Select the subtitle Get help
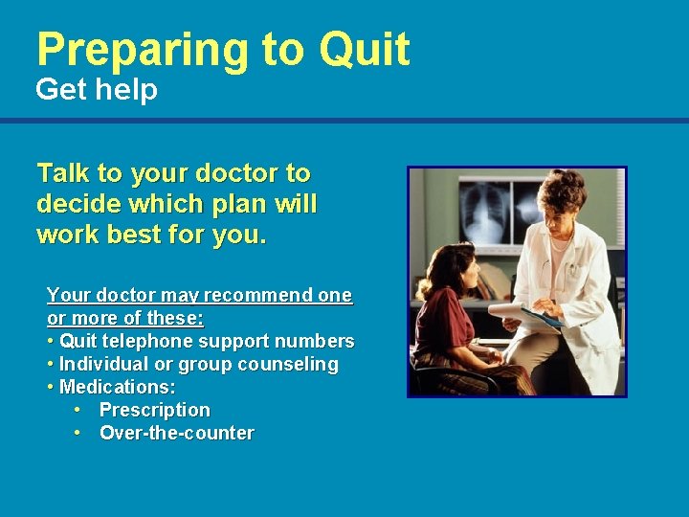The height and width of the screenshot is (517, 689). point(97,90)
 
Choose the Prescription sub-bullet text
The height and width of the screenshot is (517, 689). point(154,410)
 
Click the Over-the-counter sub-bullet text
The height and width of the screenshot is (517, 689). point(176,433)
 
